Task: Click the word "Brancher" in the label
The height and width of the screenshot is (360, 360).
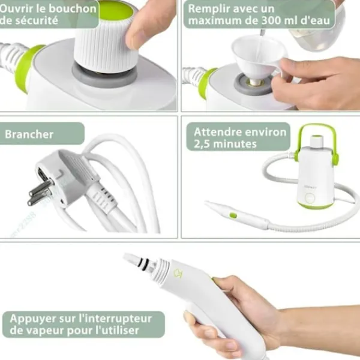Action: [x=29, y=134]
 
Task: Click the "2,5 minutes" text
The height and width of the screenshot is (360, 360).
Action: [x=226, y=144]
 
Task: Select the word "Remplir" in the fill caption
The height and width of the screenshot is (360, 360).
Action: [x=210, y=8]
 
